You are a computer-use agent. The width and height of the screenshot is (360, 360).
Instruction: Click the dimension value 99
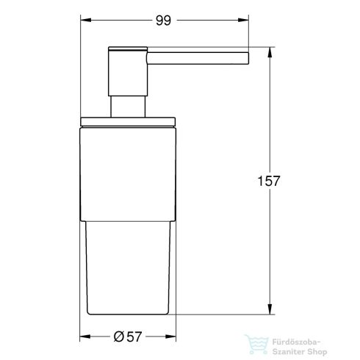(x=164, y=21)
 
